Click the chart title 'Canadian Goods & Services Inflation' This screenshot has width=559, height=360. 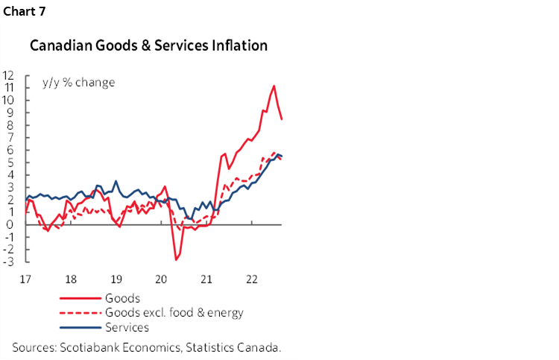[148, 46]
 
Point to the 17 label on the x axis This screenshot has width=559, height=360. [25, 280]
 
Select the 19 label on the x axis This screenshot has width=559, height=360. [116, 280]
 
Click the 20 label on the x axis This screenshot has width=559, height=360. [162, 280]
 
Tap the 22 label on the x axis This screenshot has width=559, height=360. [252, 280]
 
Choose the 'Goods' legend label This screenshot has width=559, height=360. [124, 299]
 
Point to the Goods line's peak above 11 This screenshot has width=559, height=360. [274, 86]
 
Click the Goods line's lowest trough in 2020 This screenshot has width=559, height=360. [176, 259]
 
